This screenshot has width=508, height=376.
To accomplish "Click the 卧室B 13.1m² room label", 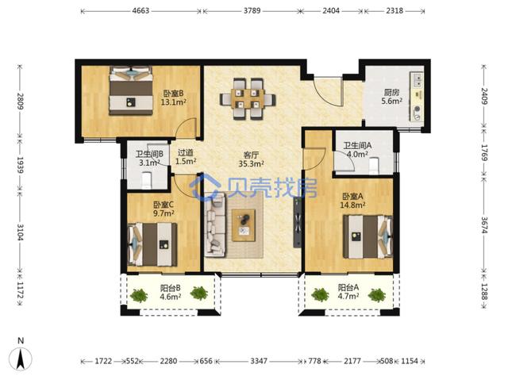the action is (x=173, y=98).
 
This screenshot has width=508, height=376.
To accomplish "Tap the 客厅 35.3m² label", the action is (x=251, y=159).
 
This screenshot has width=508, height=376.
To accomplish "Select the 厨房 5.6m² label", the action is (x=391, y=97).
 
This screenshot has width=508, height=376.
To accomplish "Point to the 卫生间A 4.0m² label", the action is (x=357, y=150).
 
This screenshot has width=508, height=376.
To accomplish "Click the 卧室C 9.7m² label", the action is (x=164, y=209).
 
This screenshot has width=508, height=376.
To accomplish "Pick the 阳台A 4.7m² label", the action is (x=348, y=291).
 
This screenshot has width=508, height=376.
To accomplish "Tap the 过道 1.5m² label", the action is (x=186, y=157).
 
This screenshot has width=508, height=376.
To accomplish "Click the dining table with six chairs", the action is (x=248, y=99).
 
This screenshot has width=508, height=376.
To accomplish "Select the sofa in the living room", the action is (x=215, y=225).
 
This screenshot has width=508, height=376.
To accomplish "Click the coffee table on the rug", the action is (x=244, y=225).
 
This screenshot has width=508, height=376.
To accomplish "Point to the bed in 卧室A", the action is (x=368, y=236).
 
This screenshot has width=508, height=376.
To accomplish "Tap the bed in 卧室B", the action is (x=131, y=90).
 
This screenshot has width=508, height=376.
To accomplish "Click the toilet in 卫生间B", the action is (x=147, y=180).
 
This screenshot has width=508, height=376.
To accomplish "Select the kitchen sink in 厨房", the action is (x=417, y=80).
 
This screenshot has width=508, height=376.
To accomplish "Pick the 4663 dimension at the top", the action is (x=141, y=10).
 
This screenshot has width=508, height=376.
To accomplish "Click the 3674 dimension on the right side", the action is (x=484, y=224).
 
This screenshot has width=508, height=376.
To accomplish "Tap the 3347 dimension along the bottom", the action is (x=259, y=361).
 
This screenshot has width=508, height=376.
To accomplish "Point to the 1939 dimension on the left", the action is (x=20, y=165).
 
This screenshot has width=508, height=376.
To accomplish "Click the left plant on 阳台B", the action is (x=139, y=295).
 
